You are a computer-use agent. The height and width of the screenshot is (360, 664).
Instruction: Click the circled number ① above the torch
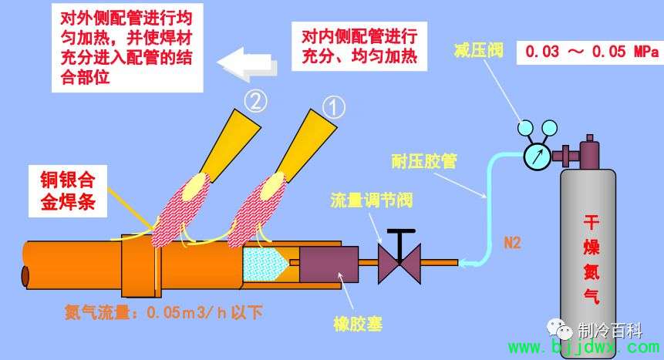point(334,108)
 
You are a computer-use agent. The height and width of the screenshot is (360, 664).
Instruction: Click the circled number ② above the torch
point(255,101)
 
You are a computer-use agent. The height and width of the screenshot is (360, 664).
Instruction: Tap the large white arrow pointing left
point(248,64)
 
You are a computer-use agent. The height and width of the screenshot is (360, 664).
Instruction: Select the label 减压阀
point(478,50)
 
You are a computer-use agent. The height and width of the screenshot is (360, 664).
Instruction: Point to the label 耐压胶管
point(424,161)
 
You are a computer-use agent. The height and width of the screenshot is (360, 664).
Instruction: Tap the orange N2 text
point(512,243)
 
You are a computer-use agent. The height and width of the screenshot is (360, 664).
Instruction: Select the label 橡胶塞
point(358,324)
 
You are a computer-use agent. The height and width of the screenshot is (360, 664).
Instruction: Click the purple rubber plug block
point(329,264)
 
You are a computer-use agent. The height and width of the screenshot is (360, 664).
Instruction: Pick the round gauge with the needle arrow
point(538,156)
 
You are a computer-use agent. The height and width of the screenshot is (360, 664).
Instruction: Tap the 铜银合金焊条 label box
point(68,191)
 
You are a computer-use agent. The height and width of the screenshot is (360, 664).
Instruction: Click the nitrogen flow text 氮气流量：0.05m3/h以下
point(163,312)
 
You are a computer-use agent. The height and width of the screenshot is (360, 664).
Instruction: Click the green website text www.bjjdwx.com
point(584,348)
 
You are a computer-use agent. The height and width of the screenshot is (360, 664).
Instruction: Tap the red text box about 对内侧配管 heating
point(359,46)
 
